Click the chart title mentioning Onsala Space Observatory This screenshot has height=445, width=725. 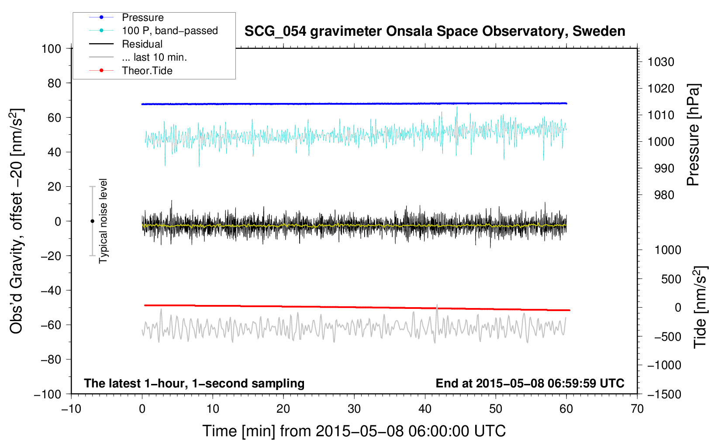point(435,31)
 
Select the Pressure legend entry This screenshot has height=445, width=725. point(142,17)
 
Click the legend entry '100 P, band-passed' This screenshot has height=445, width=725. point(169,31)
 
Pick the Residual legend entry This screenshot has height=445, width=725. point(142,44)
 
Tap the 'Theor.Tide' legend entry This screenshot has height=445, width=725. point(147,71)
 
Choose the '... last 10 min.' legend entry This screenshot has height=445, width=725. point(154,57)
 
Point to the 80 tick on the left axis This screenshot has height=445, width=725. point(54,83)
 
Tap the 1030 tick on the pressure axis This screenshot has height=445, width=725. point(661,62)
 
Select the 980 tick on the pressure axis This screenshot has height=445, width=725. point(664,195)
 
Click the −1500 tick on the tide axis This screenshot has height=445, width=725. point(664,394)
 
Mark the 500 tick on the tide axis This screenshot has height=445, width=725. point(671,279)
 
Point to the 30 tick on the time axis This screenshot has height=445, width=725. point(354,409)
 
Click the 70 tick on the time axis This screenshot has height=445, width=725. point(637,409)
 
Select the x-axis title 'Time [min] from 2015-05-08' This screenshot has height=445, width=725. point(354,431)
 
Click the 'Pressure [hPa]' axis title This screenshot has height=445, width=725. point(693,135)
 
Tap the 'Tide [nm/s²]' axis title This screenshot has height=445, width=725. point(700,307)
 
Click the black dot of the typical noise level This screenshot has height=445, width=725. point(92,221)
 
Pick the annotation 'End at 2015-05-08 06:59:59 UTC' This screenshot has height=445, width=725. point(530,383)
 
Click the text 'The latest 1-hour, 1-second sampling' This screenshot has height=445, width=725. point(194,383)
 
